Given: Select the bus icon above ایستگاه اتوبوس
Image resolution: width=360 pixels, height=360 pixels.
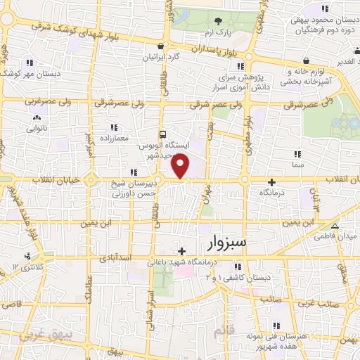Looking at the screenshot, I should click(163, 134).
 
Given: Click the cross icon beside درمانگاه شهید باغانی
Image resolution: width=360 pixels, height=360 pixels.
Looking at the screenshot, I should click(182, 251).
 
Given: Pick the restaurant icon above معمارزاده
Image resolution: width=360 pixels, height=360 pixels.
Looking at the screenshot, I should click(114, 127).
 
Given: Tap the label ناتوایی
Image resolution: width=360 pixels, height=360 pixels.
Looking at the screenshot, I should click(36, 129).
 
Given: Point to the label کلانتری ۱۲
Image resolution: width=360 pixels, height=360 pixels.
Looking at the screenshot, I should click(29, 268).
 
